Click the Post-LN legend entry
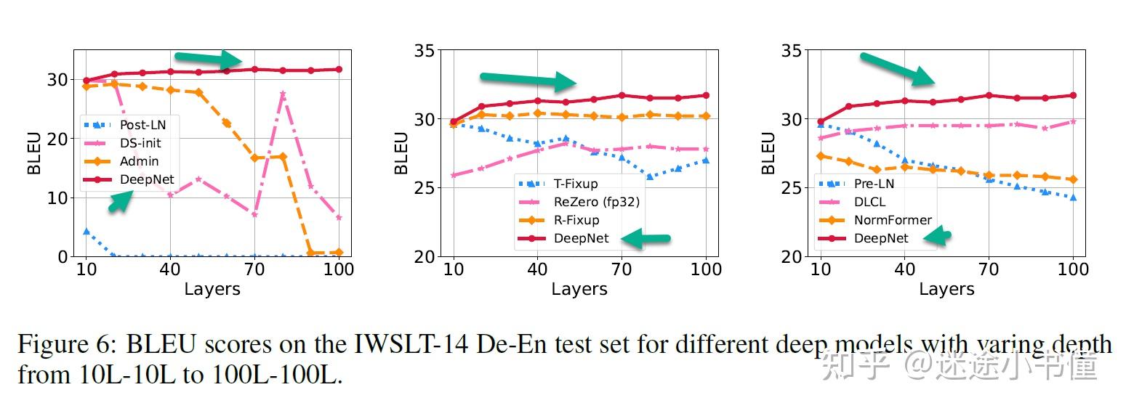coord(142,125)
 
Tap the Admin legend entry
coord(139,161)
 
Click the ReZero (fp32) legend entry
coord(596,202)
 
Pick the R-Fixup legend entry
coord(576,220)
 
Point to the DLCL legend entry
coord(869,202)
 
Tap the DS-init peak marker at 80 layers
coord(283,94)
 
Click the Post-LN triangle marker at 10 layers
coord(86,232)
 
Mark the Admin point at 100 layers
coord(339,253)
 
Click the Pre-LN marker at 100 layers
coord(1073,198)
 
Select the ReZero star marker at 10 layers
coord(454,175)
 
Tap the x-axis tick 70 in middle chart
coord(622,269)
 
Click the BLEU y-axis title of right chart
coord(768,152)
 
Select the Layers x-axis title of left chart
coord(212,289)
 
